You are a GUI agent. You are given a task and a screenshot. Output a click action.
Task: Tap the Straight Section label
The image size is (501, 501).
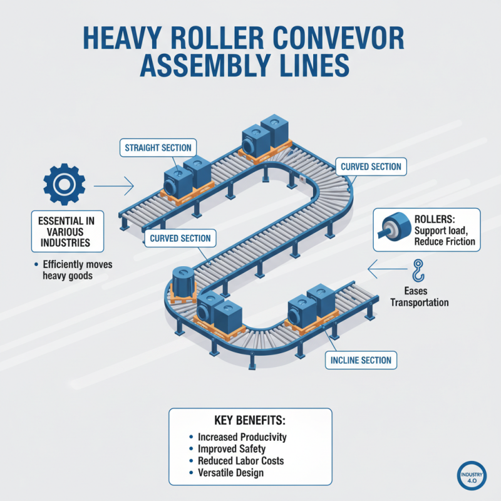tap(158, 148)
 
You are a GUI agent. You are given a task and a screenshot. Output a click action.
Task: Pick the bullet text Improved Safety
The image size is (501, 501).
tap(231, 448)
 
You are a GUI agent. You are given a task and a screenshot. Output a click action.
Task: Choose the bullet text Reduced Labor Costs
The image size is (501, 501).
tap(240, 460)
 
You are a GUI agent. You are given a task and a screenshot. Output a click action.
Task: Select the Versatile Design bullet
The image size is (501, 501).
tap(230, 473)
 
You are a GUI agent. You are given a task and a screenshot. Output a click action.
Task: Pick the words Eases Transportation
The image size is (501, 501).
tap(419, 297)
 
